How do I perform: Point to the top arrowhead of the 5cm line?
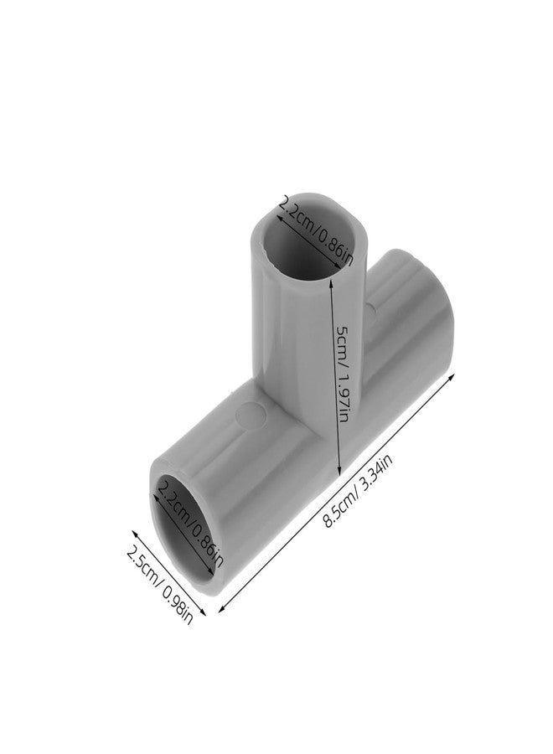coord(334,281)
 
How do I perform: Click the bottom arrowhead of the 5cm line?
coord(339,476)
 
